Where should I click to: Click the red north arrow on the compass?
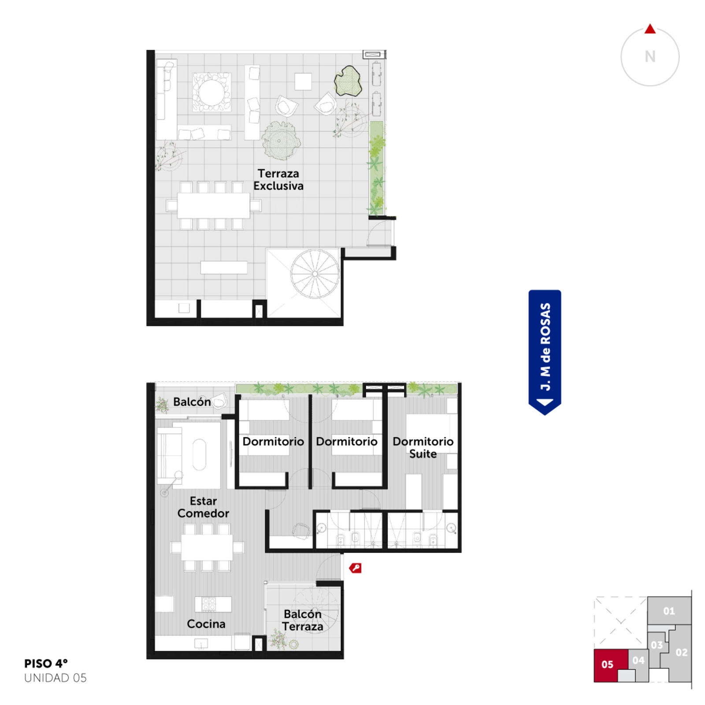[650, 29]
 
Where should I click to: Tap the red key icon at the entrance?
[355, 568]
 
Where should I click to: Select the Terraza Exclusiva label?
[278, 180]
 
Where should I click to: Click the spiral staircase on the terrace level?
[315, 274]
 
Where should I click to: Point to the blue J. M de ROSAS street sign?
[545, 352]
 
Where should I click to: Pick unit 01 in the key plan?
[669, 611]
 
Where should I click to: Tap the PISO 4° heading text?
[46, 664]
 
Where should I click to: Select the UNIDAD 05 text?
[56, 678]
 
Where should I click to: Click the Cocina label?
[206, 624]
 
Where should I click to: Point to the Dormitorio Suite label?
[423, 448]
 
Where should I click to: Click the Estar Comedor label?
[203, 507]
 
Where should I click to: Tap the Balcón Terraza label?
[303, 620]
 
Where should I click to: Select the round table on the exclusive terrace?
[211, 92]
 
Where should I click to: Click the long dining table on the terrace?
[214, 205]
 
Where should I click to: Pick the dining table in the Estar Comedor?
[207, 547]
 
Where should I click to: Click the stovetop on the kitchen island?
[209, 604]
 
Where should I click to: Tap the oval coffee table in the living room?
[199, 455]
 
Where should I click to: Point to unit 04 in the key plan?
[638, 660]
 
